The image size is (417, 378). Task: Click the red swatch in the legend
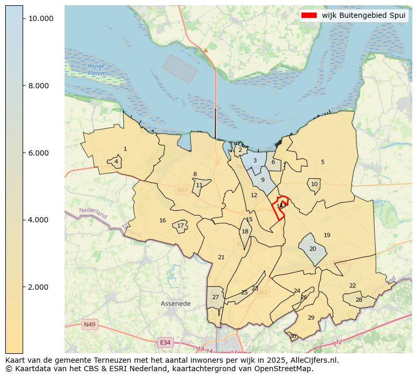click(309, 15)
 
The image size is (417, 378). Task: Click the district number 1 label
click(125, 149)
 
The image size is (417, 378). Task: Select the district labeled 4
click(116, 161)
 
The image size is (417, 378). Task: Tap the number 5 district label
click(322, 162)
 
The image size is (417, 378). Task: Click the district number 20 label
click(312, 249)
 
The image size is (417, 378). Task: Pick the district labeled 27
click(215, 298)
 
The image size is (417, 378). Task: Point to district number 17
click(180, 226)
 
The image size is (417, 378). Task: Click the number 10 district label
click(314, 185)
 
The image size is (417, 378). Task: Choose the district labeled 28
click(359, 300)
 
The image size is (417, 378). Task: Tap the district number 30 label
click(293, 336)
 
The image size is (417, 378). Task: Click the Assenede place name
click(175, 304)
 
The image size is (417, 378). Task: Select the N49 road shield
click(89, 325)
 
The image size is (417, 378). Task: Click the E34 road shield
click(165, 343)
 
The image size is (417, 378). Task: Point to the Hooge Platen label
click(96, 70)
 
